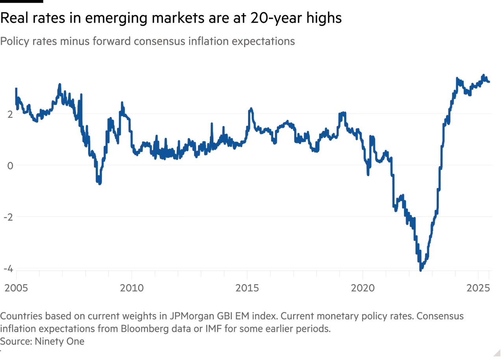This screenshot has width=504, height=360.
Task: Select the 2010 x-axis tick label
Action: tap(132, 289)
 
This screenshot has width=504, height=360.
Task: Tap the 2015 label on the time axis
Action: tap(248, 289)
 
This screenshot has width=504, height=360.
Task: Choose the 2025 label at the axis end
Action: tap(479, 289)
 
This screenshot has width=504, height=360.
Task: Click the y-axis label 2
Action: tap(10, 114)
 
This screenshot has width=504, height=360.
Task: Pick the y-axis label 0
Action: tap(10, 166)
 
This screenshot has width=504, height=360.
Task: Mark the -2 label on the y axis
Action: tap(9, 217)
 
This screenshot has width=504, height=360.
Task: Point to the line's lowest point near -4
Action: tap(421, 270)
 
